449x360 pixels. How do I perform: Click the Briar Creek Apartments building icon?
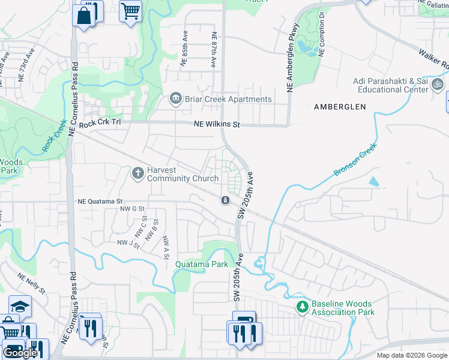point(176,99)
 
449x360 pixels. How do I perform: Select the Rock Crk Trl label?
point(100,122)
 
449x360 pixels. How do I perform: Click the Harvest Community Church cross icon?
point(137,173)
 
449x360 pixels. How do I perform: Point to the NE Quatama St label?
point(100,202)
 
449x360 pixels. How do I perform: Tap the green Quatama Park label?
point(202,264)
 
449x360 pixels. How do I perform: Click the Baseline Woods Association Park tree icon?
point(302,307)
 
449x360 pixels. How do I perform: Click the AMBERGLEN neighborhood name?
point(340,106)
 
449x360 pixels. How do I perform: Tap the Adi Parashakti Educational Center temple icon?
point(438,87)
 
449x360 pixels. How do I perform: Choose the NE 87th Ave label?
point(213,49)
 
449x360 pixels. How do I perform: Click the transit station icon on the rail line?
point(224,200)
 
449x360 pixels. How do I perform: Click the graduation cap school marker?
point(19,307)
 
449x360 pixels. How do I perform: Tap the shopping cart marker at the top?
point(130,11)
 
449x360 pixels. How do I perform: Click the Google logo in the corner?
point(20,353)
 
